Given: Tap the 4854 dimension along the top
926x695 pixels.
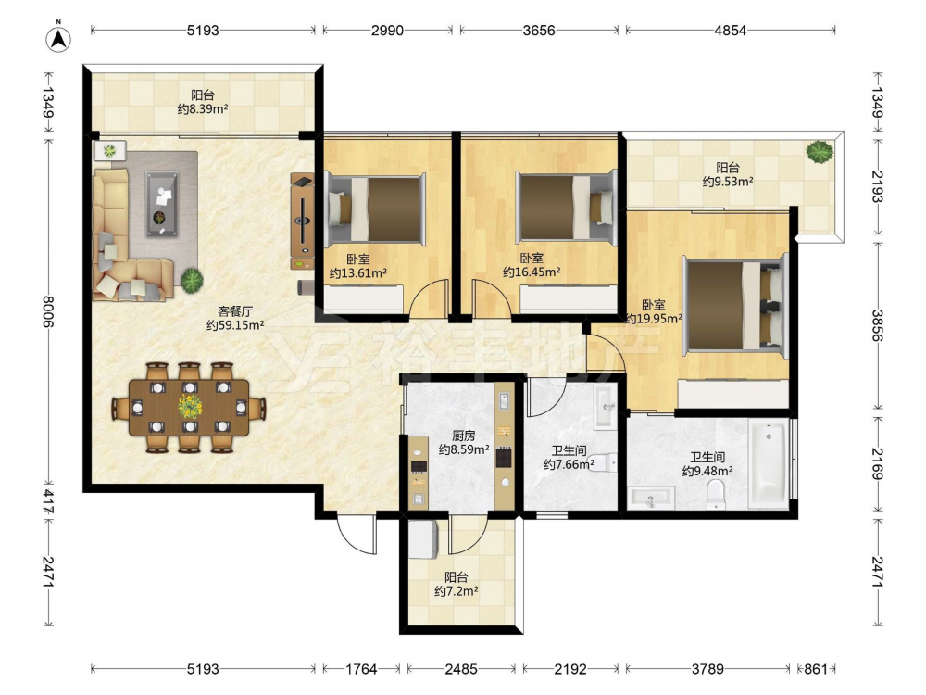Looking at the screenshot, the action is (x=730, y=31).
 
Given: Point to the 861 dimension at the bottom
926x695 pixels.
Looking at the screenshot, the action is (x=816, y=669).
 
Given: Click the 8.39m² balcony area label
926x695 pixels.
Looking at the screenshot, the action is (x=203, y=109).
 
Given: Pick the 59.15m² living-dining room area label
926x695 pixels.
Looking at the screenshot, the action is (x=235, y=325).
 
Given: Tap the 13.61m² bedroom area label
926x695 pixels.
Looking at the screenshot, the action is (x=357, y=273).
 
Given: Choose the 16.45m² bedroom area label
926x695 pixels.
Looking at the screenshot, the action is (x=532, y=272).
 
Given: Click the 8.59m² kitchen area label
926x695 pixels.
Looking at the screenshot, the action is (x=464, y=449).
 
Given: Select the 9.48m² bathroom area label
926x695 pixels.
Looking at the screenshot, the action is (x=707, y=471).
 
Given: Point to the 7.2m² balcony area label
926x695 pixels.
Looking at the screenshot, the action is (x=456, y=591).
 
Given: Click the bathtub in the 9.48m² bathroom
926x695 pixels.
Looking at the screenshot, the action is (x=769, y=463).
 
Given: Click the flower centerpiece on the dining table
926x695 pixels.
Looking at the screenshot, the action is (x=190, y=407).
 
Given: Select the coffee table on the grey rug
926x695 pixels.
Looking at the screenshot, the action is (x=162, y=204).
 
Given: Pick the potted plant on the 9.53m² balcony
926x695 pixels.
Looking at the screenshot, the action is (x=820, y=152).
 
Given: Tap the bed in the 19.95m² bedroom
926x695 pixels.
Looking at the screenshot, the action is (x=735, y=306).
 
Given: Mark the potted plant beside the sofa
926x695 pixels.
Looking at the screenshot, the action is (x=192, y=280).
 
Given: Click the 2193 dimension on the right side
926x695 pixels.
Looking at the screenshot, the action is (x=877, y=187).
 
